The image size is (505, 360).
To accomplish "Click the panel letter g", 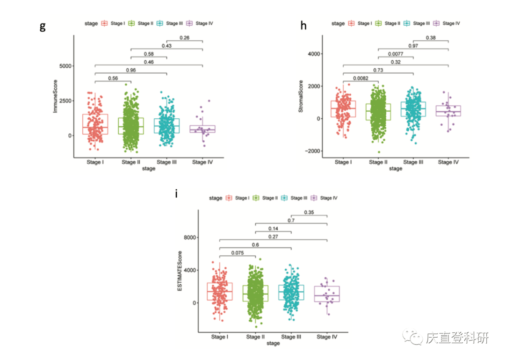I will (x=43, y=26).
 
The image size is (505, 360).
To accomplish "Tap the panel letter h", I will (x=303, y=26).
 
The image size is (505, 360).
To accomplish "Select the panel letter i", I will (x=176, y=193).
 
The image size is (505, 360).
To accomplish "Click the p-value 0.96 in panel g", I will (x=131, y=71).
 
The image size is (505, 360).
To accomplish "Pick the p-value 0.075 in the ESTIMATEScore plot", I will (x=238, y=253).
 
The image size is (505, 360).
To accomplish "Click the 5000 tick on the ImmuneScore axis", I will (x=65, y=66).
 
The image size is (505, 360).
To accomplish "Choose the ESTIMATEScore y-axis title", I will (x=180, y=272).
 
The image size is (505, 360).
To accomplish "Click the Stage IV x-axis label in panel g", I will (x=202, y=162).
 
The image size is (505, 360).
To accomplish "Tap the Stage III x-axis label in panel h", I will (x=413, y=162).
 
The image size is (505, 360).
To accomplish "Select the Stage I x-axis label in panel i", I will (x=220, y=337).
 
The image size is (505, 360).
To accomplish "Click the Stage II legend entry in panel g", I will (x=142, y=23).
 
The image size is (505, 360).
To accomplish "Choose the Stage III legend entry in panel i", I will (x=295, y=198).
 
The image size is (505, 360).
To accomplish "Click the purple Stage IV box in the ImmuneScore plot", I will (x=202, y=129).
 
